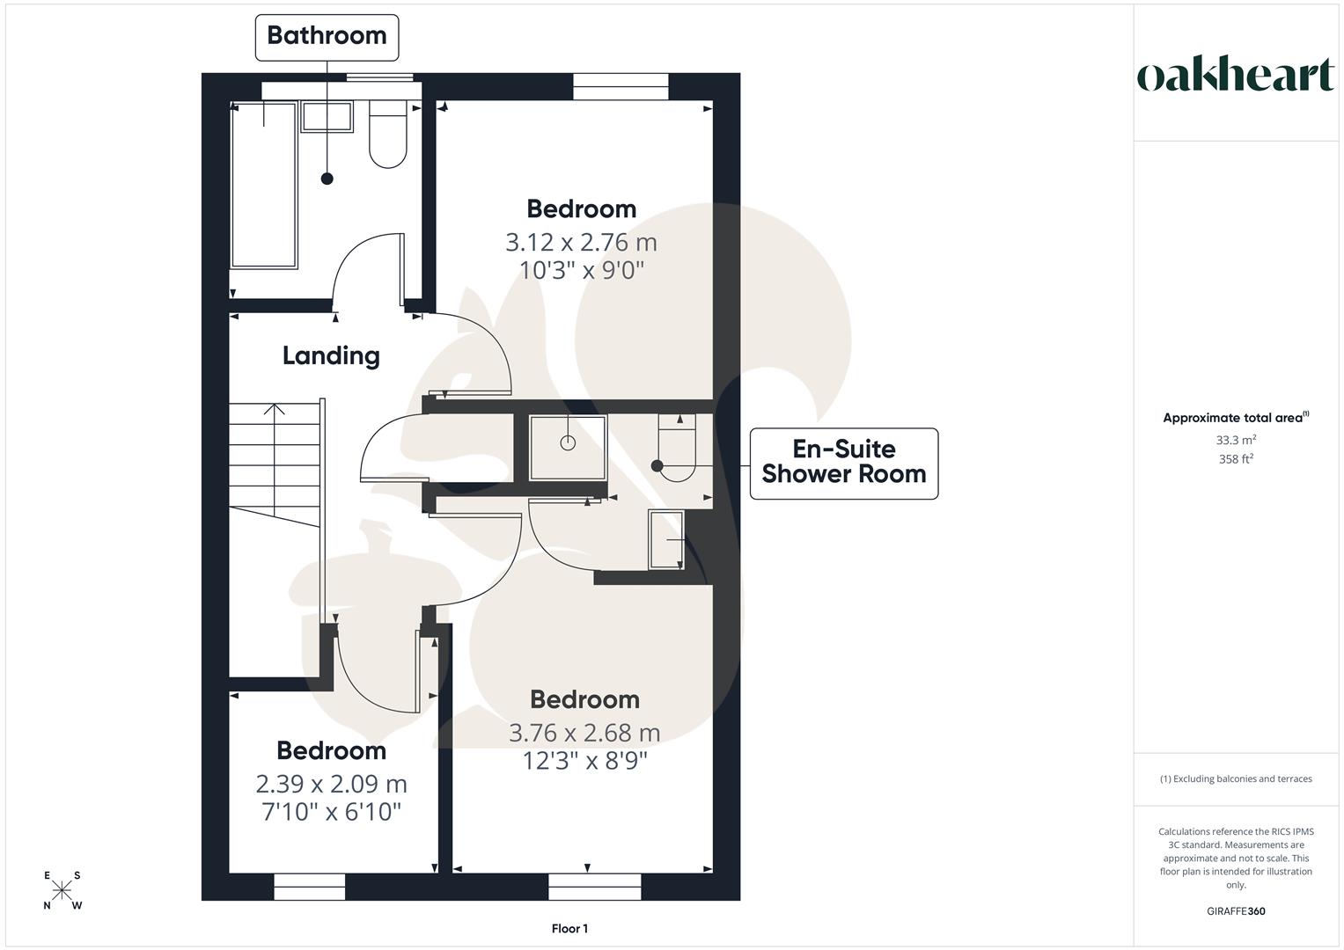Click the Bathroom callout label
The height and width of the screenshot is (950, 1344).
pos(327,36)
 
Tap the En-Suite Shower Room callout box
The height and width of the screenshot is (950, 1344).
pos(843,463)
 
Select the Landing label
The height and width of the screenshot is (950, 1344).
pos(331,355)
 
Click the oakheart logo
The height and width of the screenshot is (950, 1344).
pos(1235,76)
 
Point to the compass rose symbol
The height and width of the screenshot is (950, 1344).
pos(62,890)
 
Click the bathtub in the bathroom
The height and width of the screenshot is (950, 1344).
pos(263,185)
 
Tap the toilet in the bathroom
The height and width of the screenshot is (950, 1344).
pos(388,135)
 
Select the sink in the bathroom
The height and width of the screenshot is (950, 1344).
pos(327,116)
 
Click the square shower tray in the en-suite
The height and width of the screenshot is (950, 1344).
pos(568,448)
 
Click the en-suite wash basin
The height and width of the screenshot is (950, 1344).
pos(666,538)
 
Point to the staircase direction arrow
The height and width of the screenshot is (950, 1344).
pos(275,409)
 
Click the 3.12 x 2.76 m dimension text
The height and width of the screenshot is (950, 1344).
pos(581,242)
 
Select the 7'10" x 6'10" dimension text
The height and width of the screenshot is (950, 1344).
pos(331,810)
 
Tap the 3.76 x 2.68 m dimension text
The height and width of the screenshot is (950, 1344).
pos(584,733)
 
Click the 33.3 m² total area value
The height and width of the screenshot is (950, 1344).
pos(1236,440)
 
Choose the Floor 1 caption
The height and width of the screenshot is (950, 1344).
pos(569,928)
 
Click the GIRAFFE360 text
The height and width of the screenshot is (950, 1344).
pos(1236,911)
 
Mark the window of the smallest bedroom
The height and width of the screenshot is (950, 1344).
pos(310,887)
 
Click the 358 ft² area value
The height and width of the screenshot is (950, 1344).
pos(1236,459)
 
